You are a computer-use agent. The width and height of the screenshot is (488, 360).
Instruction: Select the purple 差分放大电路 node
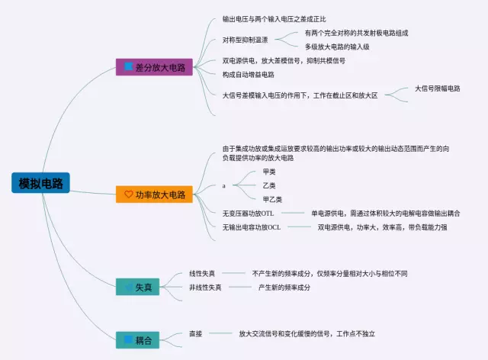(153, 67)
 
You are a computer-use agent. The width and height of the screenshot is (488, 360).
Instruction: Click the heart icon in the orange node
(128, 194)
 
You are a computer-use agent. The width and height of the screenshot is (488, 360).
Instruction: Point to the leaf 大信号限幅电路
(437, 88)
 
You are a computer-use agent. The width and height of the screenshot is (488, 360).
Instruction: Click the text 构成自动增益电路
(248, 75)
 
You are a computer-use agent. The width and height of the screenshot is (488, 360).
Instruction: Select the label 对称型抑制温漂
(246, 40)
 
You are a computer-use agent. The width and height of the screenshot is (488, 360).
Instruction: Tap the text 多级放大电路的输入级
(337, 47)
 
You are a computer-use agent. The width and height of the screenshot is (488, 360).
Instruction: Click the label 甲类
(269, 172)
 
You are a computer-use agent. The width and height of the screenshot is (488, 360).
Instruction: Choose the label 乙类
(269, 185)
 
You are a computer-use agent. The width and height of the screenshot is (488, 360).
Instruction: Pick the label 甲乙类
(272, 199)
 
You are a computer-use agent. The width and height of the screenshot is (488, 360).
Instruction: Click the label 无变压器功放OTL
(252, 213)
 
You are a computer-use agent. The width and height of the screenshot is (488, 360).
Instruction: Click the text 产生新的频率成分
(284, 288)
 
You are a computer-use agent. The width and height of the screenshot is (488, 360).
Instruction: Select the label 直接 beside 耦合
(195, 334)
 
